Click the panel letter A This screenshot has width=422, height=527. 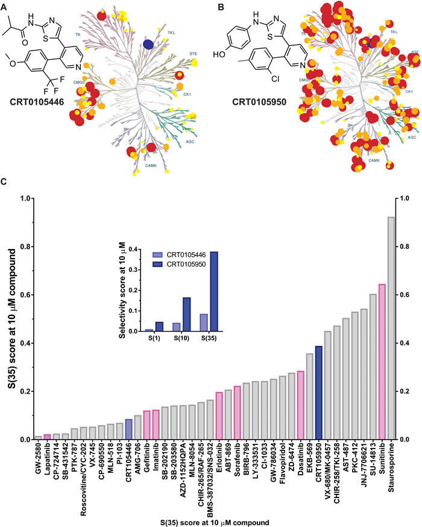pos(5,7)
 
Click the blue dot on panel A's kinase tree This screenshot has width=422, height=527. pos(148,43)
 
